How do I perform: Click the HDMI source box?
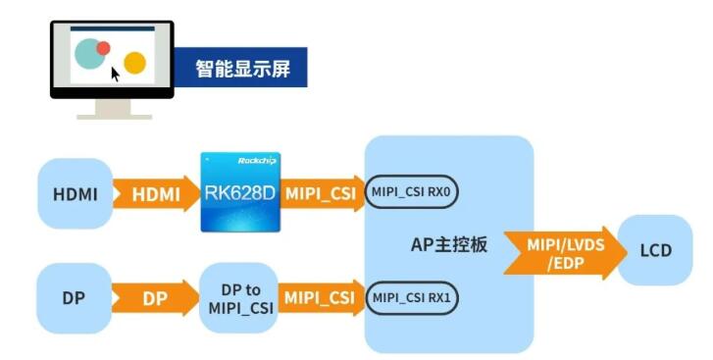tap(75, 194)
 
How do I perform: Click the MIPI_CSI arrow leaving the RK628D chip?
tap(319, 193)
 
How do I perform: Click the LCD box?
tap(655, 251)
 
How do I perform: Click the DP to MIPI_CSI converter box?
tap(238, 297)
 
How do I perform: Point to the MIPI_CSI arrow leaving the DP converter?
tap(319, 297)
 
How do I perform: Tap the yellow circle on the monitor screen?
tap(134, 65)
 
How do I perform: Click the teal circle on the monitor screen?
tap(89, 54)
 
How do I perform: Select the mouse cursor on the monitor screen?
tap(115, 74)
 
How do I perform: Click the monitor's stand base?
tap(114, 113)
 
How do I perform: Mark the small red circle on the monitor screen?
tap(103, 47)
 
